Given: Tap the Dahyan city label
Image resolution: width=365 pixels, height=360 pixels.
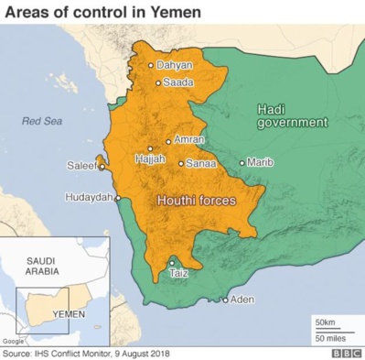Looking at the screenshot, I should (x=175, y=65).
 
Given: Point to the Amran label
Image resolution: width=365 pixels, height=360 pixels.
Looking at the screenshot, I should (x=189, y=140).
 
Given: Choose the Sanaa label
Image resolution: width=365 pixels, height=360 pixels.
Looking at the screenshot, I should (x=201, y=164).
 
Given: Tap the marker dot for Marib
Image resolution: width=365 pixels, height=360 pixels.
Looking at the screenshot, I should (x=242, y=163).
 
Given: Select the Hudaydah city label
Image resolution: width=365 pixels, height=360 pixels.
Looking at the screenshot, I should (x=89, y=197).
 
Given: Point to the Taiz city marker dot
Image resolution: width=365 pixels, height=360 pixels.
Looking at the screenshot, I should (x=172, y=264).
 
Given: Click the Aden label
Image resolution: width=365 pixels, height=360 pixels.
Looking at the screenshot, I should (x=242, y=300).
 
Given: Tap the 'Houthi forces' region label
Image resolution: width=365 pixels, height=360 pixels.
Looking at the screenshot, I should (x=197, y=201).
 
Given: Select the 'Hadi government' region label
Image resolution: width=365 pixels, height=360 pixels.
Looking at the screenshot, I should (x=291, y=115).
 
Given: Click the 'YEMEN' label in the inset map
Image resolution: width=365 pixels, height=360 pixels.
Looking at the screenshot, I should (x=69, y=312).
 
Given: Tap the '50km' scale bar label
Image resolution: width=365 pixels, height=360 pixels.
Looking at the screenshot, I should (x=325, y=322).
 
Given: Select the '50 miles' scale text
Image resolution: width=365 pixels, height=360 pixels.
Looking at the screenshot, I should (x=328, y=339).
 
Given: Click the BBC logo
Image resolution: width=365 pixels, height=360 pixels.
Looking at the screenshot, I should (x=346, y=353).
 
